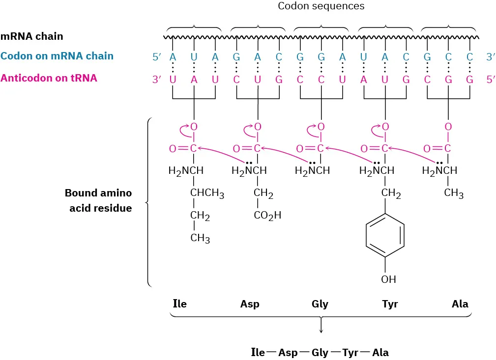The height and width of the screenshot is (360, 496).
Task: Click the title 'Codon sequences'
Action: [x=321, y=6]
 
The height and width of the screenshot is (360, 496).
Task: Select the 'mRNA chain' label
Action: [x=32, y=36]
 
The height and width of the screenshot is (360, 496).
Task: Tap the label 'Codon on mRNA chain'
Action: [x=57, y=56]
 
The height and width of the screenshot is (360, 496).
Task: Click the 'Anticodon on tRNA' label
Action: [x=49, y=78]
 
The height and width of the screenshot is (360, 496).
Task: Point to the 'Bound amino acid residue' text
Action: [x=98, y=200]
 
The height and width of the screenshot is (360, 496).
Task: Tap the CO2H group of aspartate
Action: [x=267, y=215]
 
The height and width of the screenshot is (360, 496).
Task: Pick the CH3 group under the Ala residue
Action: [x=453, y=194]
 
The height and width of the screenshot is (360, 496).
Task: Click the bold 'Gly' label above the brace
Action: [x=320, y=304]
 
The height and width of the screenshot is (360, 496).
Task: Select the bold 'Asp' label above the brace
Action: [x=250, y=304]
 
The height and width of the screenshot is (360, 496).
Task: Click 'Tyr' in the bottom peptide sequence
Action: [x=350, y=353]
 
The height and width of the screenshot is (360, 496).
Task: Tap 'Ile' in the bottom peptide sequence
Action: [x=258, y=352]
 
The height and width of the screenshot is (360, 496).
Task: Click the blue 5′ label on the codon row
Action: [x=157, y=57]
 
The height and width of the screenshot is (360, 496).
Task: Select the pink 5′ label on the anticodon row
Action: [x=491, y=79]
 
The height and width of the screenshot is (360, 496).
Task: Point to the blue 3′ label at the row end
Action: [x=491, y=57]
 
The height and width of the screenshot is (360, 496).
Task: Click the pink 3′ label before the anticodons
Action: [x=157, y=79]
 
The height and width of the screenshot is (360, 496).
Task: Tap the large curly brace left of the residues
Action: [x=148, y=202]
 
